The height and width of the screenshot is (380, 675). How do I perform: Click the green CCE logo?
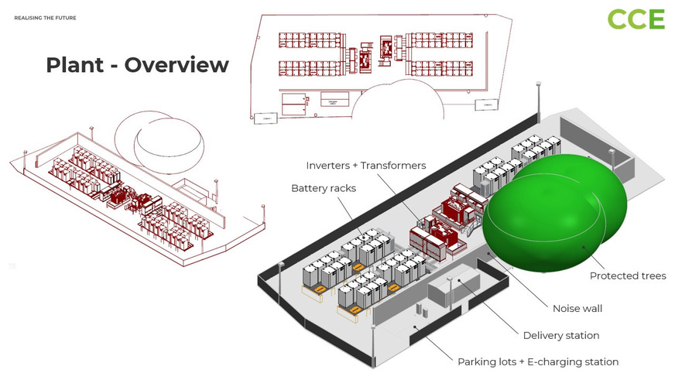(x=636, y=19)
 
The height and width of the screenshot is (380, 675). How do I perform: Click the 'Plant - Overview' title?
(x=137, y=65)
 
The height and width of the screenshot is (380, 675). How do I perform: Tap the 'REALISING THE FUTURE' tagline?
(x=45, y=17)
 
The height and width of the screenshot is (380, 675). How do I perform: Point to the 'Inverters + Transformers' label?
(x=365, y=166)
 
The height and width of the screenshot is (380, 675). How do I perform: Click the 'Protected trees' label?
(x=627, y=276)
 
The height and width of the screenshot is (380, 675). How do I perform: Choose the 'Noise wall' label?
(x=577, y=308)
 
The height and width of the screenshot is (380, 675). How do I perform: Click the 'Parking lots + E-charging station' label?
(x=538, y=361)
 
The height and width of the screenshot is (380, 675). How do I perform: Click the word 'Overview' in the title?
(x=176, y=65)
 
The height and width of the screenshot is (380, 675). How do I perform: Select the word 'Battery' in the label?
(x=307, y=188)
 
